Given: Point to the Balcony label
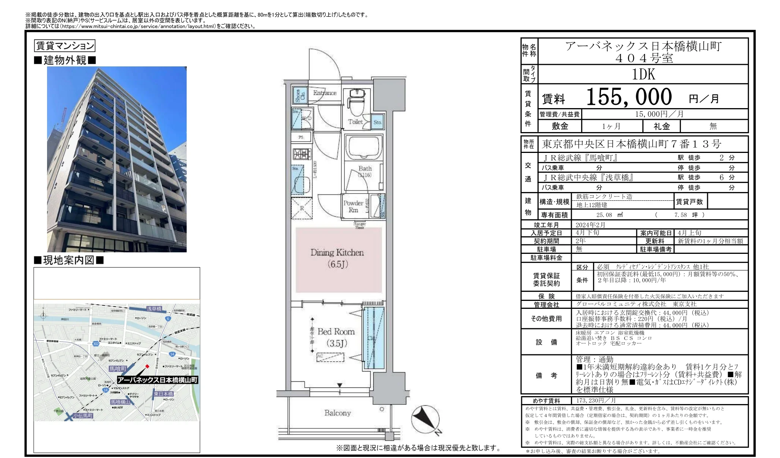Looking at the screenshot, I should pos(337,413).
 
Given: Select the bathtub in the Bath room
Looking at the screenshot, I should pos(363,148).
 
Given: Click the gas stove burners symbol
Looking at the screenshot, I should pos(301,154).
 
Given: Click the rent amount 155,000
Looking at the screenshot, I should pos(629,97).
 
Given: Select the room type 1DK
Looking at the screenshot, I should pos(643,74).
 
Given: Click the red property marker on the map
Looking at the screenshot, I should pos(147,366).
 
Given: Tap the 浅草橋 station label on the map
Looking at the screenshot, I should pos(154,309).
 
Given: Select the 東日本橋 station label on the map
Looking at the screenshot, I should pos(163,394).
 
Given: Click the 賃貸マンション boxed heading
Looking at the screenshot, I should pos(64,46).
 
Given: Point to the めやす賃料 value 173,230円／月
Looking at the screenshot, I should pos(596,401).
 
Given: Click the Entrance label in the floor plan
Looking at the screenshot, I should pos(325,93).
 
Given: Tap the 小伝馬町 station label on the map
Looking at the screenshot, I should pos(83,416).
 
